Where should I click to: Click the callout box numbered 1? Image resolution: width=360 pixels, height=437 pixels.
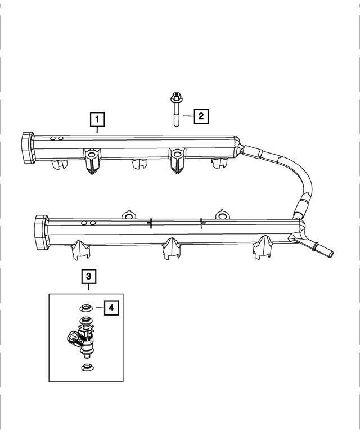coord(97,120)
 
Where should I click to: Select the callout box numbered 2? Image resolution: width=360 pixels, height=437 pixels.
coord(201,116)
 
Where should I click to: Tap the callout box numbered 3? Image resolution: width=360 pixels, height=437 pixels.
coord(89,277)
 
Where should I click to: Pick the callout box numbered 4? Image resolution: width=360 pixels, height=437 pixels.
coord(111,308)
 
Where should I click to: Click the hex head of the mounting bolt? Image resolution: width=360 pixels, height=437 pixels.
coord(175,97)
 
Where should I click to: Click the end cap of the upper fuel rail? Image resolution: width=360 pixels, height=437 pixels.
coord(28,148)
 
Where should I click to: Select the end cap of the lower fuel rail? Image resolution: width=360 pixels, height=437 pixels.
coord(41,232)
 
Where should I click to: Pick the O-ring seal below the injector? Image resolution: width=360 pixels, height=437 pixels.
coord(88,368)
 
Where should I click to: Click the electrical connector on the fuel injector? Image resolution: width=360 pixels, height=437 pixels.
coord(74,338)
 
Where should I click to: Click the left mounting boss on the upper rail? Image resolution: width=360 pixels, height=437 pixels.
coord(92,161)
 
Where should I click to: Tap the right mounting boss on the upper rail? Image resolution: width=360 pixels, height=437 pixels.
coord(178,161)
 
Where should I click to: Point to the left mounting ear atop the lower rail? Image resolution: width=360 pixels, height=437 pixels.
coord(129,215)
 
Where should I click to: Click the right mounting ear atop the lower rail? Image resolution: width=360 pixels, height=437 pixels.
coord(222,215)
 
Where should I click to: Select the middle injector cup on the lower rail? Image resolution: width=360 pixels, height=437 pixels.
coord(172,249)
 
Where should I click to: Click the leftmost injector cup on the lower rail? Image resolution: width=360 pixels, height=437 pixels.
coord(80,250)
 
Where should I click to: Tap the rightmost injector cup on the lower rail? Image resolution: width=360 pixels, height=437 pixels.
coord(263,247)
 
